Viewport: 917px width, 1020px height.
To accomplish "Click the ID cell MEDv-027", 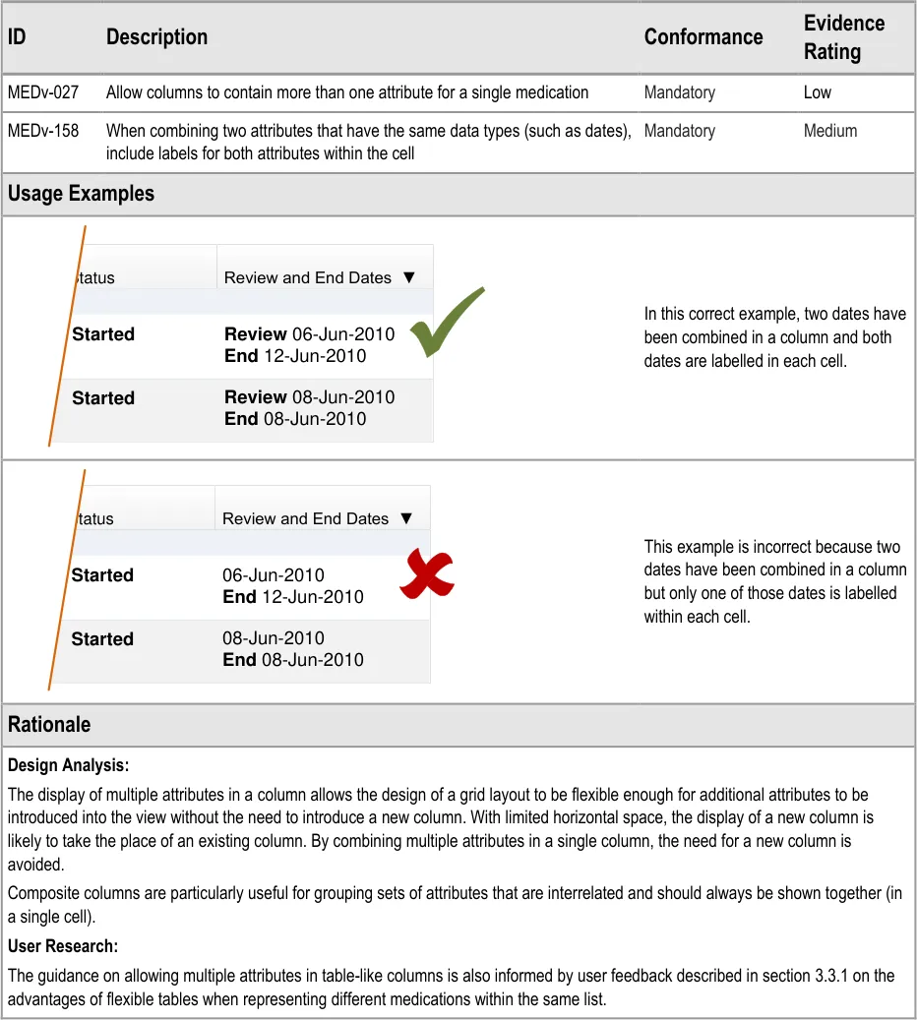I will [x=43, y=92].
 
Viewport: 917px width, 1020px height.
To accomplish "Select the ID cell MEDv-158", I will [x=43, y=131].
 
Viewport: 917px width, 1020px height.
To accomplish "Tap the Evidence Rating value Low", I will [x=817, y=92].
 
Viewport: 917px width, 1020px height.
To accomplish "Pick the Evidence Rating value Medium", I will [x=829, y=131].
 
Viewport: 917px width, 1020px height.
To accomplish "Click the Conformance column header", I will [x=703, y=37].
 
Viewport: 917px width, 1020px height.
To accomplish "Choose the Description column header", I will [x=156, y=37].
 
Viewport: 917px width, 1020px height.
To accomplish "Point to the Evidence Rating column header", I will [x=843, y=37].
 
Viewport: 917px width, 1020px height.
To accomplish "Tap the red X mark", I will [x=427, y=574].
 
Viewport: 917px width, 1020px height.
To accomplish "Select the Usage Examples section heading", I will [x=81, y=194].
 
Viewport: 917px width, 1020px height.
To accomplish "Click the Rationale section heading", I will [x=49, y=725].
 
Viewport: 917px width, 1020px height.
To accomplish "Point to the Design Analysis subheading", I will [x=68, y=765].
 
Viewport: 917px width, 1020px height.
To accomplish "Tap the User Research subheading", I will [x=63, y=946].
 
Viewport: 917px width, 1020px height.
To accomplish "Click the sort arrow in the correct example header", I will [x=409, y=277].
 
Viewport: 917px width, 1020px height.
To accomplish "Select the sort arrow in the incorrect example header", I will [x=407, y=518].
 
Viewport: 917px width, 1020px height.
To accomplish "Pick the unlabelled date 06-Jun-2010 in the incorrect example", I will [x=273, y=575].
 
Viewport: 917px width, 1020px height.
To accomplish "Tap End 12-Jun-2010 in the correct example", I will [x=294, y=356].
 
